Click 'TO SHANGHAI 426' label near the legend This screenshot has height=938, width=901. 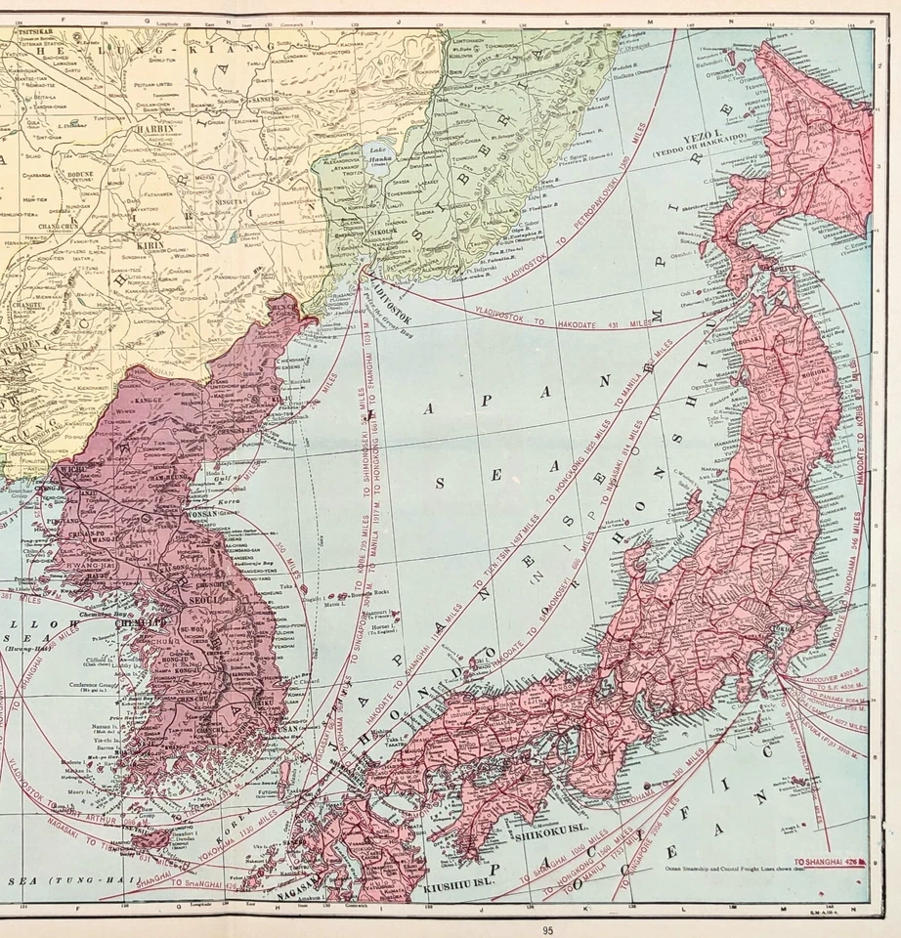click(x=829, y=861)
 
